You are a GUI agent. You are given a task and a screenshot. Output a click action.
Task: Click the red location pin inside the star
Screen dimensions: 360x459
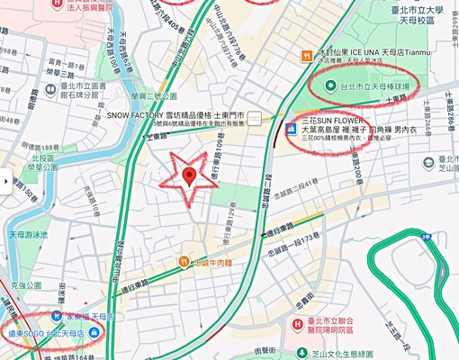click(190, 176)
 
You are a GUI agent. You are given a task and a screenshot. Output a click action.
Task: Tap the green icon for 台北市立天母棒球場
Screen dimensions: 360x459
click(320, 87)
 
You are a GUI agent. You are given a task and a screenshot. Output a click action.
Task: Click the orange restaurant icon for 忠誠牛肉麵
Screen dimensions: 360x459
click(184, 262)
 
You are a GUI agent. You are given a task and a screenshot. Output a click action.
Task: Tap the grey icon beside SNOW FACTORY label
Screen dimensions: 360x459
click(256, 117)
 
